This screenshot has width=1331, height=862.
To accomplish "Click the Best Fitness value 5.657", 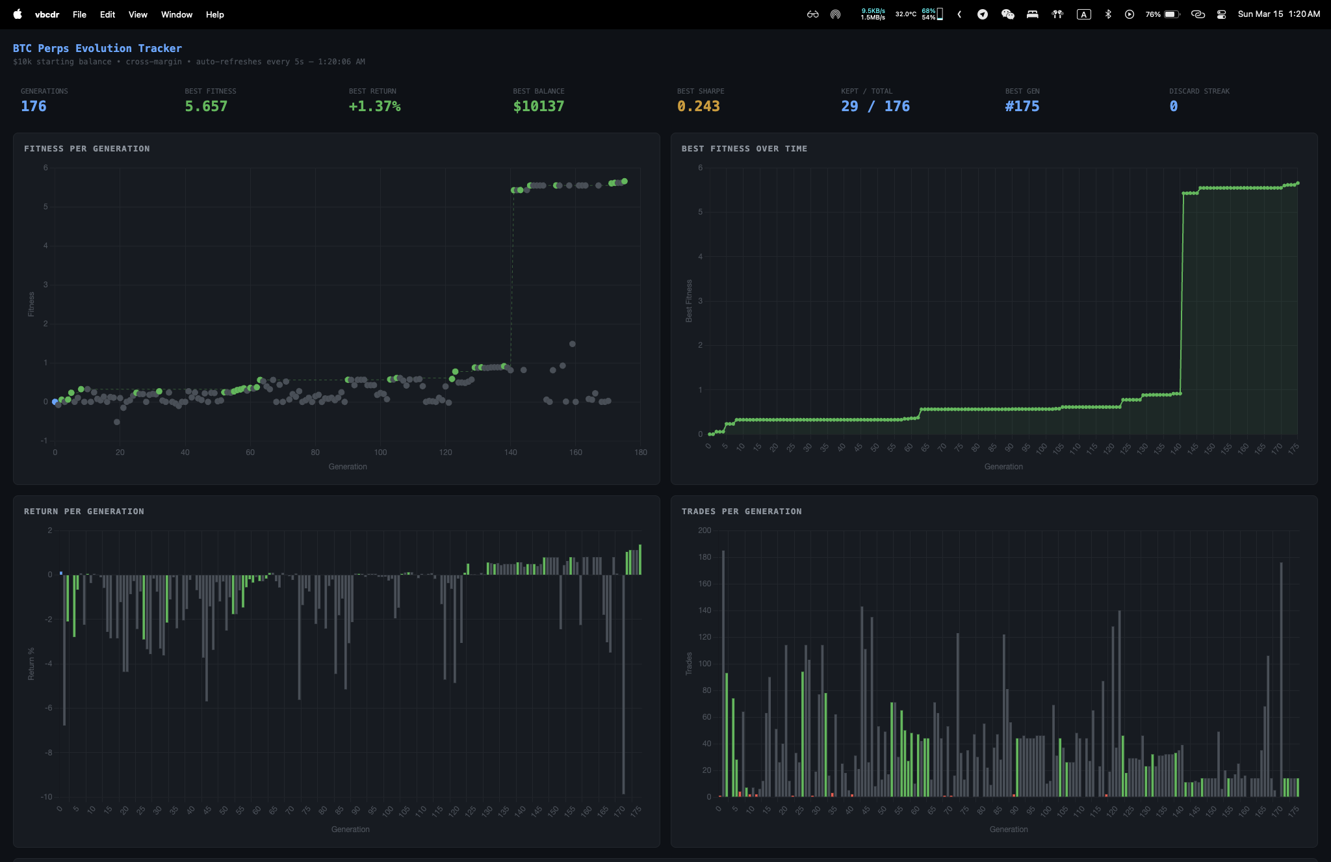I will pyautogui.click(x=206, y=106).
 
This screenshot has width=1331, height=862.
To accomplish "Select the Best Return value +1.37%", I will pyautogui.click(x=374, y=106).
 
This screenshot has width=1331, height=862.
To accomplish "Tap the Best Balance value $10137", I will pyautogui.click(x=538, y=106).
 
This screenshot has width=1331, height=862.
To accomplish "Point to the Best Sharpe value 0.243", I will pyautogui.click(x=698, y=106).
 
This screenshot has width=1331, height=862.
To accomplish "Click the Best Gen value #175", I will pyautogui.click(x=1022, y=106).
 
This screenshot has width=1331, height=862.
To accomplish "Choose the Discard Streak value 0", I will pyautogui.click(x=1173, y=106).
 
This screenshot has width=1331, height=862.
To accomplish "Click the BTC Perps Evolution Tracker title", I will pyautogui.click(x=97, y=48).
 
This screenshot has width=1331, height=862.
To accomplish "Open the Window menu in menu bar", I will pyautogui.click(x=177, y=14).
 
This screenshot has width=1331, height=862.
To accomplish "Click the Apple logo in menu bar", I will pyautogui.click(x=18, y=14).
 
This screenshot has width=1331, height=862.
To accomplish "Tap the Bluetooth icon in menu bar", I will pyautogui.click(x=1108, y=14).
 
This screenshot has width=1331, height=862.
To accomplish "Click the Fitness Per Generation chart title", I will pyautogui.click(x=86, y=149).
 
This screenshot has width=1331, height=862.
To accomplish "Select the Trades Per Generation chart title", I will pyautogui.click(x=742, y=512).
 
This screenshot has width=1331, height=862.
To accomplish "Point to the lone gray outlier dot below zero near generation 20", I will pyautogui.click(x=117, y=422).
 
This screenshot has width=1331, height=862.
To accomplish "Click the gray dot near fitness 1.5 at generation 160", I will pyautogui.click(x=572, y=344).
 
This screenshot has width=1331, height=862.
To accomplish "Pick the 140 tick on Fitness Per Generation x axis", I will pyautogui.click(x=511, y=452).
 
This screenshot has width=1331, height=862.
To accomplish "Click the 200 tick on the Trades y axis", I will pyautogui.click(x=704, y=530).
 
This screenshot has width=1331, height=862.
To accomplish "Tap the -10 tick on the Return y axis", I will pyautogui.click(x=47, y=797).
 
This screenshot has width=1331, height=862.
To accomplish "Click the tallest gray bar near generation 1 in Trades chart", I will pyautogui.click(x=723, y=673).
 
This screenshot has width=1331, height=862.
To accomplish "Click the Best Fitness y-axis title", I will pyautogui.click(x=689, y=301).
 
